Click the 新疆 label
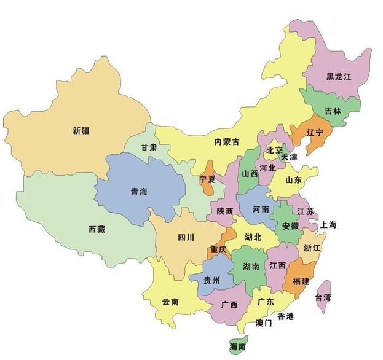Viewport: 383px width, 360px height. point(80,130)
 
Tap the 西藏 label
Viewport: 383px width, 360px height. point(97,229)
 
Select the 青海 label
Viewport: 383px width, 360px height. point(139,192)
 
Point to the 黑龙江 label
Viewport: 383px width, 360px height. point(339,77)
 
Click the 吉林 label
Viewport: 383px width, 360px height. point(333,111)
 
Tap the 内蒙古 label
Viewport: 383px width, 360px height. point(226,141)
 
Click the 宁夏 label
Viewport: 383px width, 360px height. point(208,179)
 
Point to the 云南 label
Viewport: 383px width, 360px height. point(170,302)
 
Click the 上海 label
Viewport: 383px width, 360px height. point(328,225)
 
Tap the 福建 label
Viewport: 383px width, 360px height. point(301,281)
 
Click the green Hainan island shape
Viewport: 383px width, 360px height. point(236,345)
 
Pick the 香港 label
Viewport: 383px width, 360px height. point(285,316)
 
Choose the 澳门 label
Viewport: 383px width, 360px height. point(264,323)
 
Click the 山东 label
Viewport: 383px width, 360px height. point(293,181)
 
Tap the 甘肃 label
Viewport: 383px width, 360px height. point(148,147)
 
